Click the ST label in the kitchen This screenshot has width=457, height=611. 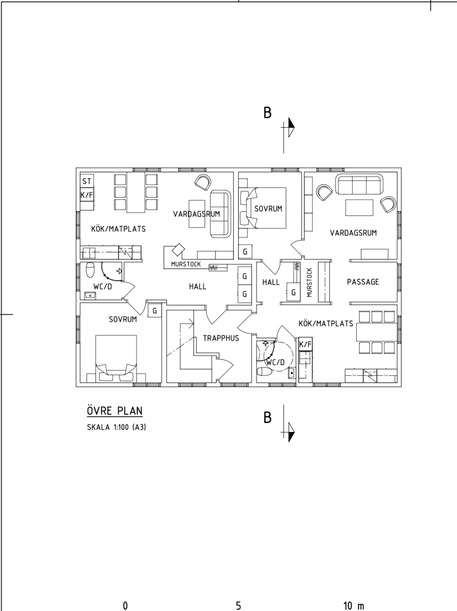click(x=87, y=181)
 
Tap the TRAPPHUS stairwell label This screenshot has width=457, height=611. click(x=221, y=338)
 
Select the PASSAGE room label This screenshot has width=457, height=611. click(x=363, y=282)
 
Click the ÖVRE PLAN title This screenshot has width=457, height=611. click(x=115, y=411)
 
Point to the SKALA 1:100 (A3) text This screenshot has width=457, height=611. click(x=116, y=427)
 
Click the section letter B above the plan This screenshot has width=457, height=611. click(x=267, y=113)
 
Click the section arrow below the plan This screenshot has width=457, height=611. click(x=289, y=432)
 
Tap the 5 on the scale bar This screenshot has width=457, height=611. click(x=239, y=606)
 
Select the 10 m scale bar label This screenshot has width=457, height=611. click(x=354, y=606)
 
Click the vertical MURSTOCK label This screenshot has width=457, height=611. click(x=310, y=282)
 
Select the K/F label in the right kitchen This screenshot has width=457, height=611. click(x=305, y=344)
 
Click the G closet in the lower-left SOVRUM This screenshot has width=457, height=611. click(x=155, y=310)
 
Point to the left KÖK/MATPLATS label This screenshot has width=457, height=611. click(x=119, y=229)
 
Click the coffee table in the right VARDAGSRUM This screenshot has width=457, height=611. click(x=360, y=207)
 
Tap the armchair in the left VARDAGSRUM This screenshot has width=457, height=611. click(x=203, y=182)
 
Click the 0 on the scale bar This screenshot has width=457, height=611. click(x=125, y=606)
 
